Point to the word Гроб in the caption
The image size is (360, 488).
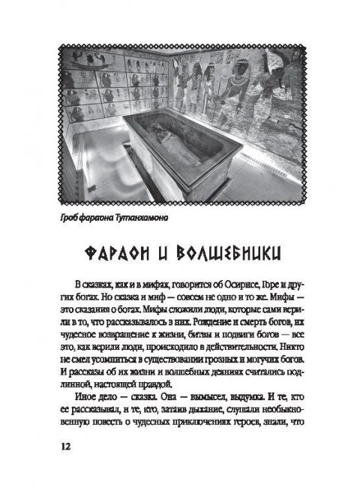(70, 218)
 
